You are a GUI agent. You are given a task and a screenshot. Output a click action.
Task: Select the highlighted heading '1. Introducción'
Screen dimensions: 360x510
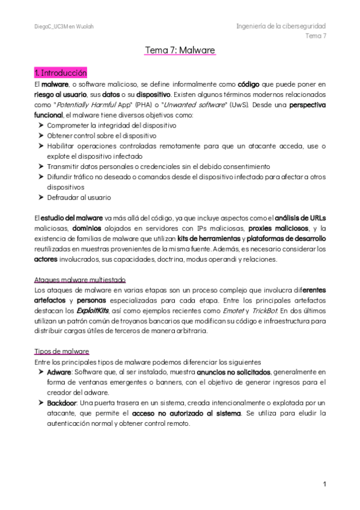pos(61,73)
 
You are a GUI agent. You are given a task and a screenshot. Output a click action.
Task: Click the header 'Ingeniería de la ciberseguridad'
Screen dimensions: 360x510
pos(281,26)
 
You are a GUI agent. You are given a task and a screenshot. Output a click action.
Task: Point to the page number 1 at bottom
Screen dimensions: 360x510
pos(324,484)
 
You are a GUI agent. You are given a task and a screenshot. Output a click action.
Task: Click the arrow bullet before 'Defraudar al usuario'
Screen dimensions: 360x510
pos(40,197)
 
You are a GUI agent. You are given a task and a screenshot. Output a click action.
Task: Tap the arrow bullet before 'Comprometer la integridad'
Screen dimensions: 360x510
pos(40,126)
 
